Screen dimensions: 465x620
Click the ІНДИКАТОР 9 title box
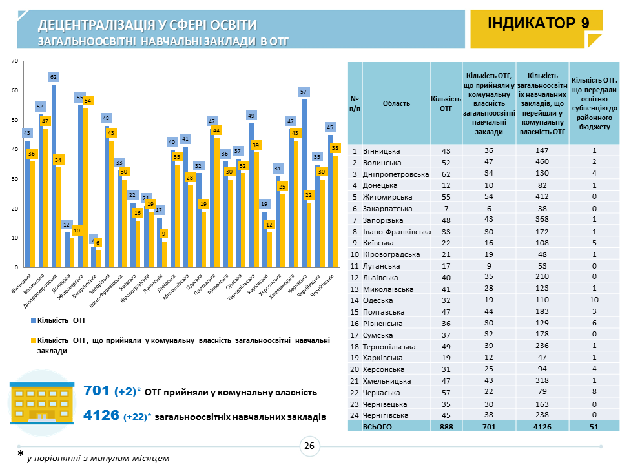(x=539, y=24)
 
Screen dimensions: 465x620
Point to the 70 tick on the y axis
(x=14, y=61)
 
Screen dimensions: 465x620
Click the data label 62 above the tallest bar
(x=54, y=77)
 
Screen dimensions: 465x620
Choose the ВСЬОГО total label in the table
(x=378, y=427)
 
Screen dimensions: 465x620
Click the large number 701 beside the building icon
(x=97, y=391)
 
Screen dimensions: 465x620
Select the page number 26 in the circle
(x=309, y=445)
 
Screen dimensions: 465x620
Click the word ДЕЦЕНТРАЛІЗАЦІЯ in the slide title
(x=96, y=25)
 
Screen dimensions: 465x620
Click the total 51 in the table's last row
(x=594, y=427)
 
